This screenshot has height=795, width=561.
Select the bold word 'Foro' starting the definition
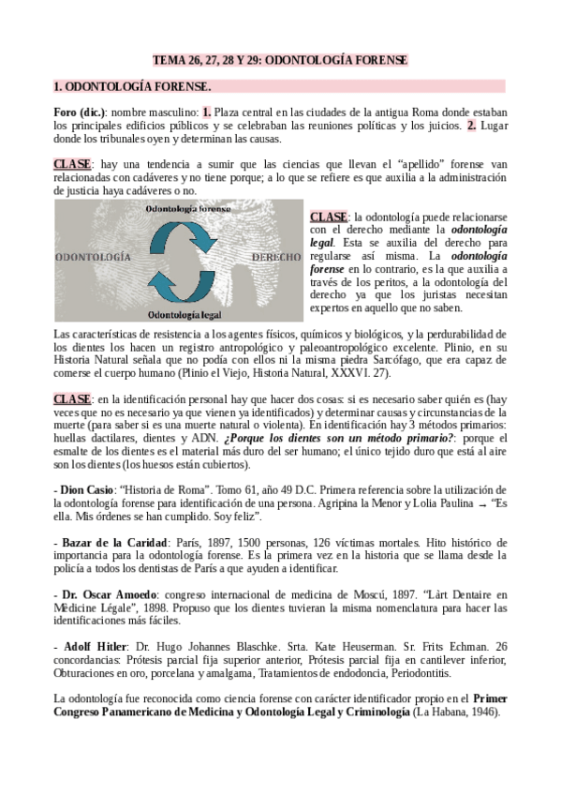[x=67, y=112]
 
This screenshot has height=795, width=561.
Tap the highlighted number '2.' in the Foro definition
[x=472, y=124]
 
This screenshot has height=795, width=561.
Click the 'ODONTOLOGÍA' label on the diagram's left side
[x=92, y=255]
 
